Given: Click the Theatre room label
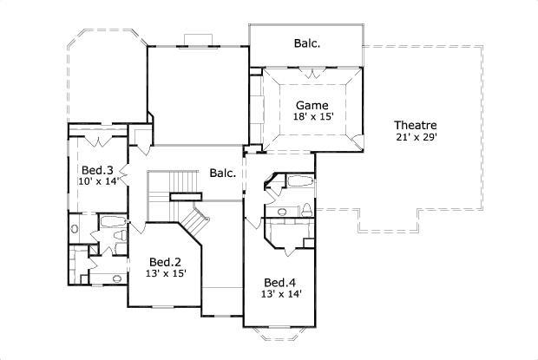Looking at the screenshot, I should (x=414, y=125).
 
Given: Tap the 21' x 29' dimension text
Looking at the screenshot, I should (x=414, y=137).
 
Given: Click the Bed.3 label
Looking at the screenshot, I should (x=96, y=169).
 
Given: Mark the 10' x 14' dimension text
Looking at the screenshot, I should (x=96, y=181).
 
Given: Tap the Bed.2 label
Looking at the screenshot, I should (x=164, y=261).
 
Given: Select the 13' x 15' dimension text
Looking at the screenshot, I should (x=164, y=273).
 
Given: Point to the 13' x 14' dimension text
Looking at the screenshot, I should (x=281, y=295).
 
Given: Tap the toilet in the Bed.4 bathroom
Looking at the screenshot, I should (x=307, y=209).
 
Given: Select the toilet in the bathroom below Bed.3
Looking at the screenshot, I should (x=75, y=232).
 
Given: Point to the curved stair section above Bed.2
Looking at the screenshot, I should (x=198, y=222).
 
